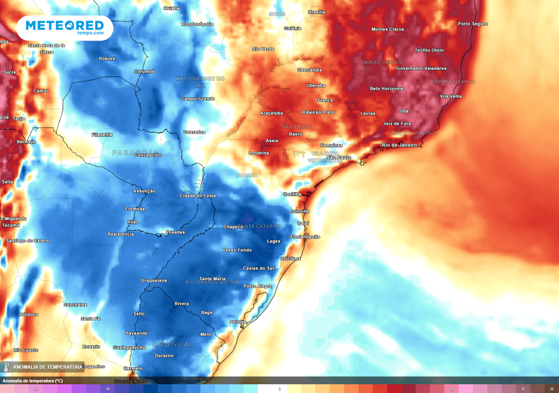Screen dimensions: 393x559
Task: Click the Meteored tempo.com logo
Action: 64,27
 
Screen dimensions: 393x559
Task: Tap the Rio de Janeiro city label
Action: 400,145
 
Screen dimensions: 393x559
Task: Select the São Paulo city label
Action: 339,157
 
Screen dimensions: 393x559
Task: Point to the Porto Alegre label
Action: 258,286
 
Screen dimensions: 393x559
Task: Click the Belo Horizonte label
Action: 386,88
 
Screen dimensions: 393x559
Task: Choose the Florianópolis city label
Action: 305,237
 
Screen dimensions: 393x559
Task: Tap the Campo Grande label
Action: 198,99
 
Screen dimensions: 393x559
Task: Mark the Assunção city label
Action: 145,191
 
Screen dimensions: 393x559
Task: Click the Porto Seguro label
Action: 473,23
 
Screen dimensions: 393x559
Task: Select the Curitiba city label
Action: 292,194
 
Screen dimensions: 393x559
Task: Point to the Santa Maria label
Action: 212,278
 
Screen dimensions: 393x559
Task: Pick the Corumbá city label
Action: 145,71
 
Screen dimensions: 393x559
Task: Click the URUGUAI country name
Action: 173,344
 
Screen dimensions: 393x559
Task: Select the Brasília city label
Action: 317,12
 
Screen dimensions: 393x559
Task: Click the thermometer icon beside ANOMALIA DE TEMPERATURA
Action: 7,367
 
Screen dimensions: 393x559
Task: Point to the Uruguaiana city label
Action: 154,280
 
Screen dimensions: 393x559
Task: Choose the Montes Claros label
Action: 388,29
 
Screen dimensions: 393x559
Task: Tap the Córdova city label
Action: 28,314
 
